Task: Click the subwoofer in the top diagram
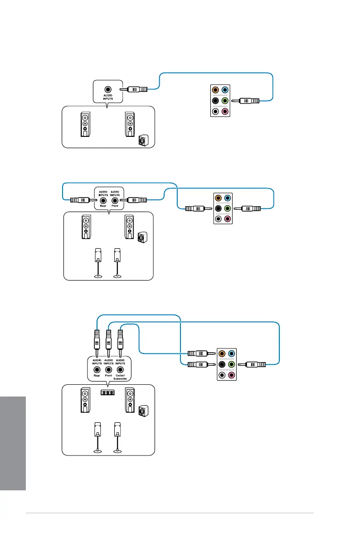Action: (x=143, y=140)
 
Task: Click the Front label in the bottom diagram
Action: (x=108, y=375)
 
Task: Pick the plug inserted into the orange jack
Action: (x=198, y=353)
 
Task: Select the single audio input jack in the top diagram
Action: (x=107, y=90)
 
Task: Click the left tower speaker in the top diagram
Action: (x=85, y=124)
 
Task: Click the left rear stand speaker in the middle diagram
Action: (x=97, y=261)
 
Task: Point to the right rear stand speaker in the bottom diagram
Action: (x=117, y=436)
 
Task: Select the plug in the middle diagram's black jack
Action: (x=195, y=209)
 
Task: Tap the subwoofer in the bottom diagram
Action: (x=142, y=411)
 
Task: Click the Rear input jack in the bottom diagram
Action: (x=96, y=369)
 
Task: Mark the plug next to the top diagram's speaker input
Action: (x=137, y=90)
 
